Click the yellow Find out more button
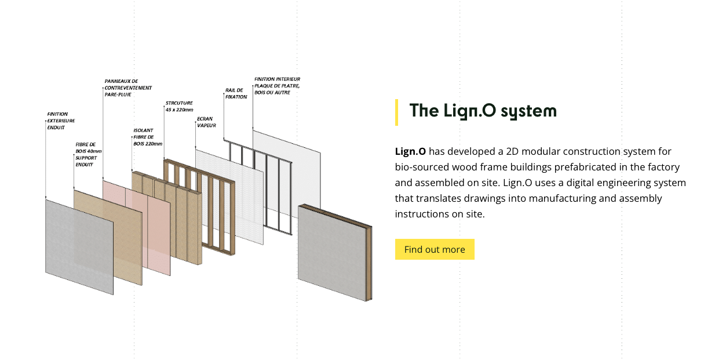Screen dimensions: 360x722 tap(435, 249)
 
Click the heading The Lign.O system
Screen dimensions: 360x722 tap(483, 111)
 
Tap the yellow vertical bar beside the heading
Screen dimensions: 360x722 tap(397, 112)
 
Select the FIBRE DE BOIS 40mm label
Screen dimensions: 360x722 tap(87, 154)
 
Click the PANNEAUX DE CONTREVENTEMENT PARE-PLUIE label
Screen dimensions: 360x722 tap(128, 88)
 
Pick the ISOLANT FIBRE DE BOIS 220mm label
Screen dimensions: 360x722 tap(147, 137)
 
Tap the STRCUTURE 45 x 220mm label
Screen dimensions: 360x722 tap(179, 106)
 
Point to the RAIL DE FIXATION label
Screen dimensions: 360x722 tap(236, 93)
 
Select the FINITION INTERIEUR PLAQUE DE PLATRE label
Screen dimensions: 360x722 tap(278, 85)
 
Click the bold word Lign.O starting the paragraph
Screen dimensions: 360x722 tap(410, 152)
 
